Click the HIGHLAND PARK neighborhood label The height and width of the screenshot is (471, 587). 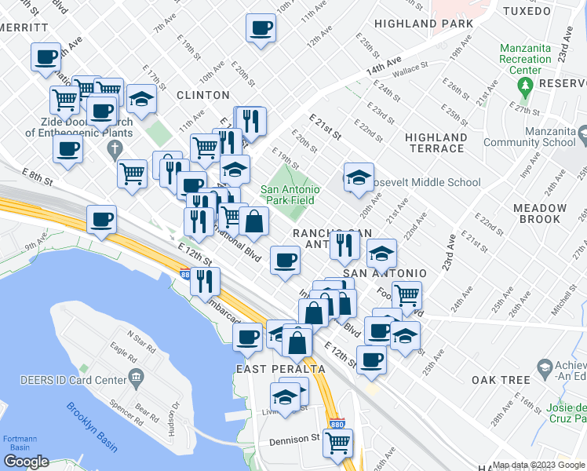(x=423, y=24)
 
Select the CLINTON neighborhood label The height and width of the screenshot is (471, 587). (x=202, y=94)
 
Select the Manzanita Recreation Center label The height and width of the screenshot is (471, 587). (x=526, y=59)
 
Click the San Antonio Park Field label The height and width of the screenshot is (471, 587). (x=290, y=195)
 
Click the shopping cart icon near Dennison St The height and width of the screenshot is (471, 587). (x=337, y=442)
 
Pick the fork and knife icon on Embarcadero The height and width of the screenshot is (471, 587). (x=205, y=280)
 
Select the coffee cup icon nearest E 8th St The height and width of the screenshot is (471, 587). (x=101, y=220)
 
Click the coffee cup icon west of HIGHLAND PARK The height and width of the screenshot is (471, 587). (x=261, y=27)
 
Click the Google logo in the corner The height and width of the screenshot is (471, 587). (x=26, y=462)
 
